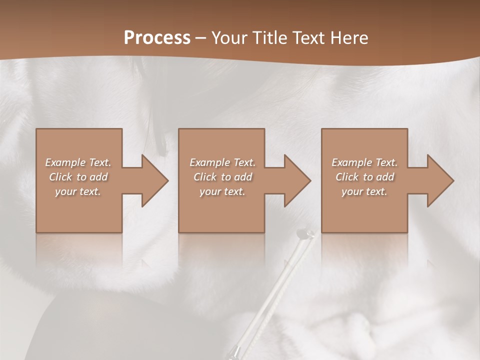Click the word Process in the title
(157, 37)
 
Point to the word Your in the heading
(230, 37)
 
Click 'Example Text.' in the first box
(78, 162)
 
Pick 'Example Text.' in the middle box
(222, 162)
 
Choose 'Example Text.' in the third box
(364, 162)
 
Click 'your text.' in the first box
(78, 191)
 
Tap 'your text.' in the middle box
(222, 191)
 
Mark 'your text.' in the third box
(364, 191)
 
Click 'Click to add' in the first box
(78, 177)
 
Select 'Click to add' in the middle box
(222, 177)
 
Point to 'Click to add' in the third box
(364, 177)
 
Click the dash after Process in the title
(200, 38)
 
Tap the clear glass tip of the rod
(304, 233)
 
